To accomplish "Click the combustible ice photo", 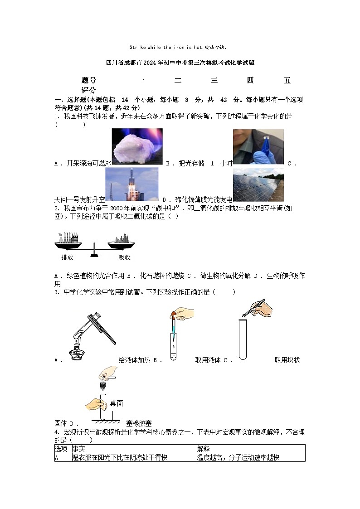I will click(x=137, y=146).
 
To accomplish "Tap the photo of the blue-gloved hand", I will click(x=258, y=146).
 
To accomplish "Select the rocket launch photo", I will click(x=132, y=184).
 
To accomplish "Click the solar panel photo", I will click(x=258, y=184).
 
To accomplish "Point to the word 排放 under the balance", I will click(x=67, y=257).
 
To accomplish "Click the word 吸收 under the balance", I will click(x=124, y=257).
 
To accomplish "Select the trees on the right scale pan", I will click(x=121, y=238).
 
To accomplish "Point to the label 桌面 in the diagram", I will click(x=117, y=403).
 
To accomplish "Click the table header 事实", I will click(x=79, y=449).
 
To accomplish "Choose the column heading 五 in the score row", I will click(x=287, y=81).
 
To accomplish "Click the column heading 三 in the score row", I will click(x=214, y=81).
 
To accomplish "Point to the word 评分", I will click(x=89, y=90).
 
